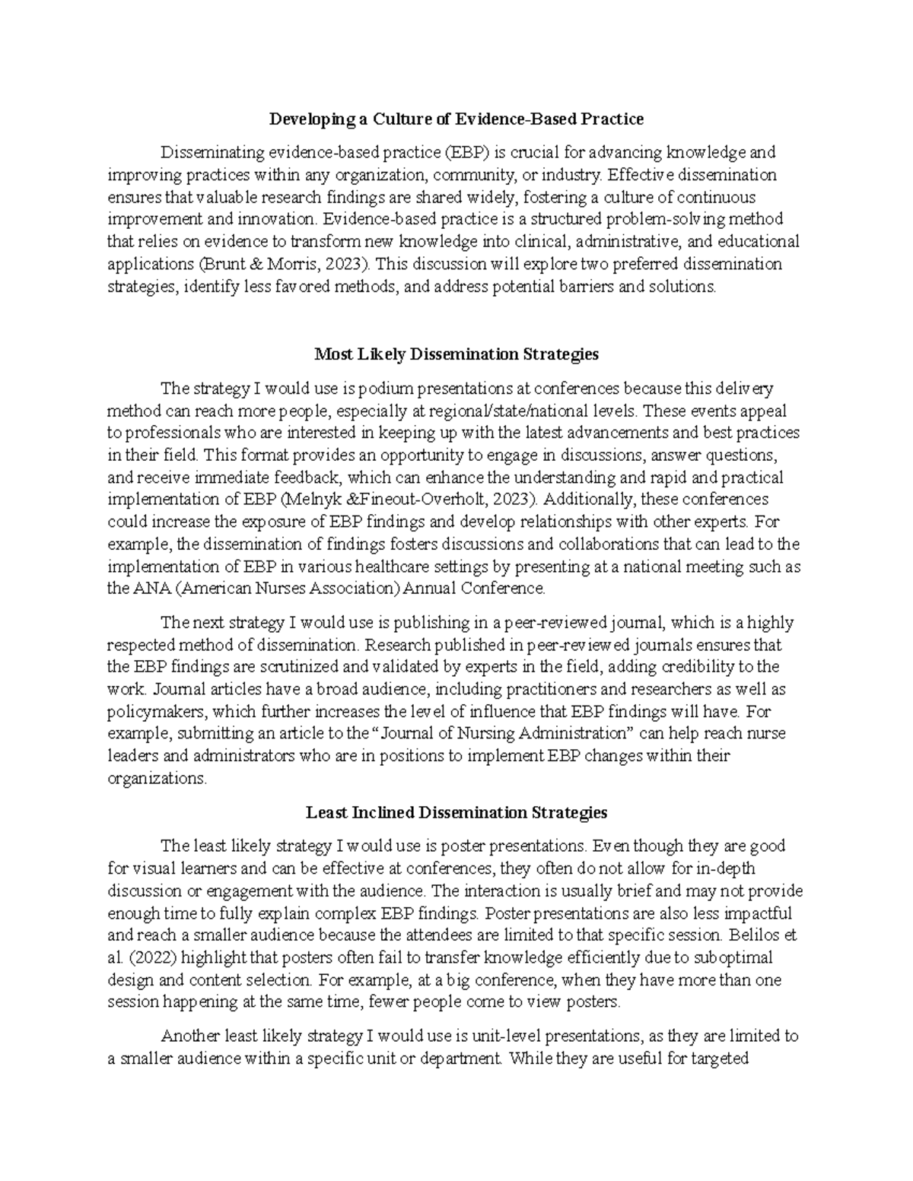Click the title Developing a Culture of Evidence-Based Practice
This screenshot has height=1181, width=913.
[x=456, y=119]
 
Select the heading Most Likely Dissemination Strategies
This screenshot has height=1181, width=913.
[x=456, y=354]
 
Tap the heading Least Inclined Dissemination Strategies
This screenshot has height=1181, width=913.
[x=456, y=812]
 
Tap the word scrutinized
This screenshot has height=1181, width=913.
[x=288, y=667]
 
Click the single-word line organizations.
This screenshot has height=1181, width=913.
[x=157, y=779]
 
